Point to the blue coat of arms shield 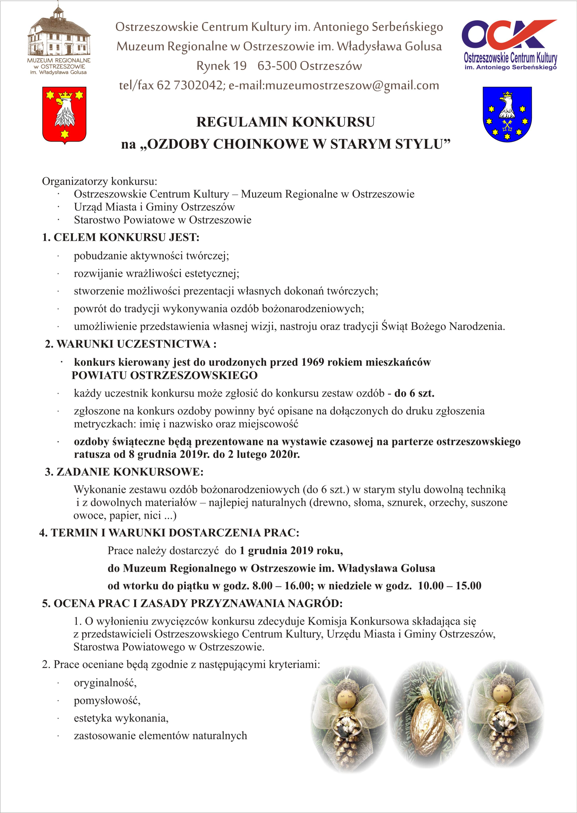click(507, 114)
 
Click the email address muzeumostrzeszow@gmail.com click(334, 86)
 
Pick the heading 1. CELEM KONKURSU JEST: click(121, 237)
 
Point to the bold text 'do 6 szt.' click(414, 393)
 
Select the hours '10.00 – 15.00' click(449, 586)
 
